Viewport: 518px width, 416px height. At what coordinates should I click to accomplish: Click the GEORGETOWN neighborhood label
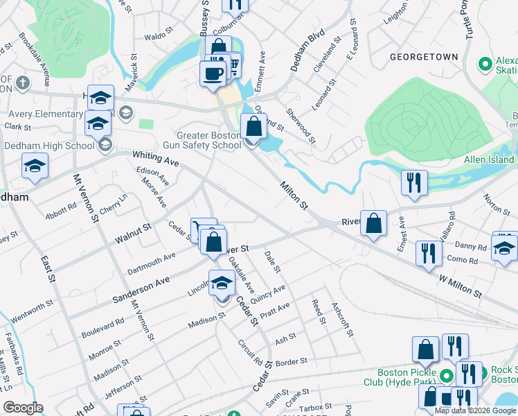click(x=424, y=57)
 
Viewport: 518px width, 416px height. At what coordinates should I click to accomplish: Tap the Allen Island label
click(x=489, y=160)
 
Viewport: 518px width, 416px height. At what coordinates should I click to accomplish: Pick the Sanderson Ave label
click(x=141, y=290)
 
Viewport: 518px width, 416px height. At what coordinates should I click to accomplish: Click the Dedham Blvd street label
click(x=298, y=51)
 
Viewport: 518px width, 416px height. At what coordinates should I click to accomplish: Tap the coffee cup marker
click(x=213, y=73)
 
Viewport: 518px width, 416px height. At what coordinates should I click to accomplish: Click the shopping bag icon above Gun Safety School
click(x=253, y=126)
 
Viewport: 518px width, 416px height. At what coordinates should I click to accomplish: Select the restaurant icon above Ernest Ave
click(x=413, y=182)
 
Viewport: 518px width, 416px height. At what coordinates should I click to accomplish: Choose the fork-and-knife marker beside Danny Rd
click(x=429, y=252)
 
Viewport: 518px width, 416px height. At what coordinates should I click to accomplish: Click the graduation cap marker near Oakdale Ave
click(x=222, y=283)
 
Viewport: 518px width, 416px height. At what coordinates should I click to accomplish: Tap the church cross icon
click(x=22, y=84)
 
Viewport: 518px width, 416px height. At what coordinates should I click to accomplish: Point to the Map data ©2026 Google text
click(x=475, y=410)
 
